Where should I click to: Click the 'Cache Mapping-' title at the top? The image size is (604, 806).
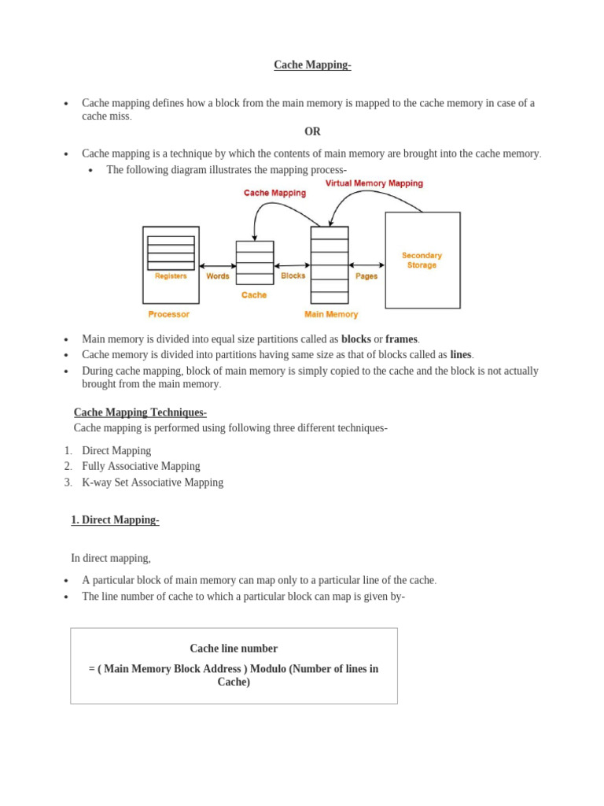click(x=312, y=65)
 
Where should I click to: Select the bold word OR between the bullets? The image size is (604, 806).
click(x=312, y=131)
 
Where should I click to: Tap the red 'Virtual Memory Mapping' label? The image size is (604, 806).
click(x=374, y=183)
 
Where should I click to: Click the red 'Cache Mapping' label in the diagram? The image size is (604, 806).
click(x=274, y=193)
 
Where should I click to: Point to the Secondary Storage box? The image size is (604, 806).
click(x=422, y=260)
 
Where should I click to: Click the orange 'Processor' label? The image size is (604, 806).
click(x=168, y=314)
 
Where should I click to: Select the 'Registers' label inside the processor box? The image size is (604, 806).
click(x=171, y=276)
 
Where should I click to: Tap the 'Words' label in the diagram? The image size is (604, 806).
click(x=218, y=276)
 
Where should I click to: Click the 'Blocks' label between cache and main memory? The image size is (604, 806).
click(x=293, y=276)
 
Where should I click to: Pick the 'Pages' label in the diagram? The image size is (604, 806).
click(x=366, y=276)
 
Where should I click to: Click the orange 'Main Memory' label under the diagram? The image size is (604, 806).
click(x=331, y=314)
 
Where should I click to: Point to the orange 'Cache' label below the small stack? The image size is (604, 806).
click(x=254, y=295)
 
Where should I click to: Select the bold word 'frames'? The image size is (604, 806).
click(x=401, y=339)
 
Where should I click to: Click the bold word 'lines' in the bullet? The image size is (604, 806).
click(x=460, y=355)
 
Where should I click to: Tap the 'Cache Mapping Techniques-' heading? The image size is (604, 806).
click(x=140, y=412)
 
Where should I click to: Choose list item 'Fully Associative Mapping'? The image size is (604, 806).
click(x=141, y=466)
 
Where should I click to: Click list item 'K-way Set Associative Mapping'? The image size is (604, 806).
click(x=153, y=482)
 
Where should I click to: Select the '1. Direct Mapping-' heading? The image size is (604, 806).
click(x=115, y=520)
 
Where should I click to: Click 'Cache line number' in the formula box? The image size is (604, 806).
click(x=234, y=649)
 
